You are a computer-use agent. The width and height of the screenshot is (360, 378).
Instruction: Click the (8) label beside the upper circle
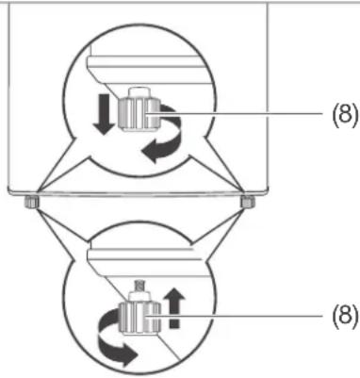[x=345, y=115]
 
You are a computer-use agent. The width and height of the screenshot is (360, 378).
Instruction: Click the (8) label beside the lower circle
[x=345, y=315]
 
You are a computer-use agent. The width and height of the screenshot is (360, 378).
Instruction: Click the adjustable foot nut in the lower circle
[x=140, y=318]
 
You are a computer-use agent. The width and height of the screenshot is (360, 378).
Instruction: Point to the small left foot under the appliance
[x=31, y=202]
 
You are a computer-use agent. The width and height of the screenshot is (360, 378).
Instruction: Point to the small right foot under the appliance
[x=248, y=202]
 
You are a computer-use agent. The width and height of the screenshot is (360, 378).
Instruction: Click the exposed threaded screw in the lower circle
[x=139, y=286]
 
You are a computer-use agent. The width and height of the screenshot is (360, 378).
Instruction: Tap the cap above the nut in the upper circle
[x=139, y=92]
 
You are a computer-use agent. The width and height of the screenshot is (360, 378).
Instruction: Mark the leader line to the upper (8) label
[x=237, y=114]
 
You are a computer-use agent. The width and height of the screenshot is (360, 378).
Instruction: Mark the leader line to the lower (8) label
[x=237, y=315]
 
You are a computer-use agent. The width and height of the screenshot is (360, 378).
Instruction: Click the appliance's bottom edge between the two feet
[x=139, y=192]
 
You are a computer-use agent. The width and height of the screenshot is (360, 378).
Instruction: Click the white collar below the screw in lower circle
[x=139, y=296]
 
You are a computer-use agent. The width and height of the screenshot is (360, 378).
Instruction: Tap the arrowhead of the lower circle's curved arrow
[x=128, y=354]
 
